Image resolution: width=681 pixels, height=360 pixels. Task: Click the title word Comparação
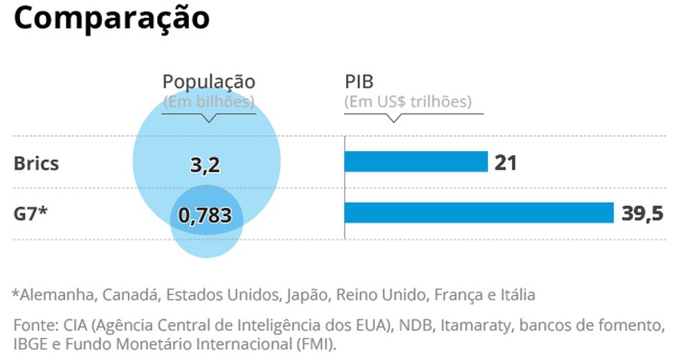(111, 19)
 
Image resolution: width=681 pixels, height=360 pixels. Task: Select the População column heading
(208, 82)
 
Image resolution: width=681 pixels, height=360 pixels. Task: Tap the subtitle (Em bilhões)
(208, 102)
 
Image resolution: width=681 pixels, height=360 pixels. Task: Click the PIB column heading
(358, 82)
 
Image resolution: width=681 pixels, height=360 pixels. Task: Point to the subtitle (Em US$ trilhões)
(408, 102)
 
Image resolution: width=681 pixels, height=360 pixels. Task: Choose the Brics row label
(36, 164)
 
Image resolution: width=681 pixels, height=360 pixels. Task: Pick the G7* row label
(30, 214)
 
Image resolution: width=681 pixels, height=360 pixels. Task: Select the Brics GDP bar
(416, 162)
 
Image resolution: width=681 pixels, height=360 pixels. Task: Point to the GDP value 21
(505, 163)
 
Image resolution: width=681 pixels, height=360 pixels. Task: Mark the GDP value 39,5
(642, 213)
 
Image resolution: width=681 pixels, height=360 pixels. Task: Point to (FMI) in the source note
(318, 344)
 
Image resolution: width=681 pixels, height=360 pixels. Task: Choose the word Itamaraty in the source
(477, 325)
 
